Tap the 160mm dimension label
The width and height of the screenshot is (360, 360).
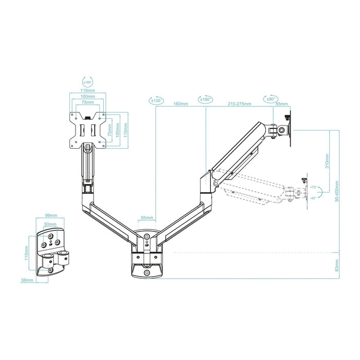[x=181, y=104]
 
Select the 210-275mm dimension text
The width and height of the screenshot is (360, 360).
[x=240, y=104]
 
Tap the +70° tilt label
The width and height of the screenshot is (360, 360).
[x=314, y=188]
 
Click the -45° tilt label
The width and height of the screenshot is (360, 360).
[x=314, y=198]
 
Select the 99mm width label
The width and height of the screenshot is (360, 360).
[x=50, y=217]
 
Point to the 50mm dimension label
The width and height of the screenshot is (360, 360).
[x=50, y=225]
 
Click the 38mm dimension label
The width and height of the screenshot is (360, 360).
[x=27, y=280]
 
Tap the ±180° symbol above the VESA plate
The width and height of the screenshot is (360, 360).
[x=87, y=81]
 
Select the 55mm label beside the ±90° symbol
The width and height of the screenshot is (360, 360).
[x=282, y=104]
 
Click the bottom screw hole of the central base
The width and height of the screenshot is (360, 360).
[x=147, y=272]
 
